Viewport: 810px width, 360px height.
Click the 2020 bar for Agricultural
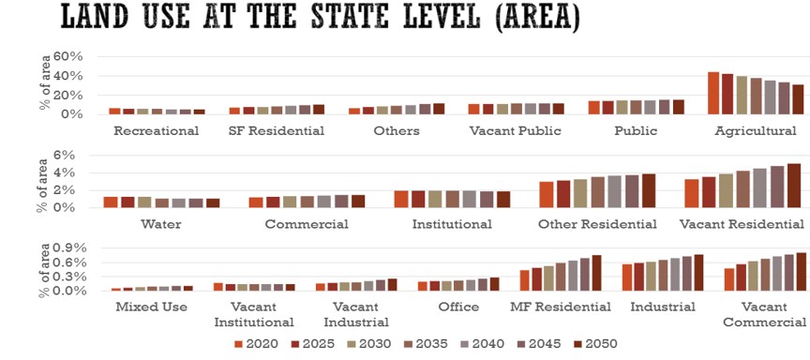point(713,93)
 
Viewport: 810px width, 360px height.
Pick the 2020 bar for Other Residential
point(546,195)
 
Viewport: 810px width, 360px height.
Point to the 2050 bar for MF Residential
point(596,273)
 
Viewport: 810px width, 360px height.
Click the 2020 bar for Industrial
point(627,277)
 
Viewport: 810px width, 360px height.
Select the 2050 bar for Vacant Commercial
point(802,272)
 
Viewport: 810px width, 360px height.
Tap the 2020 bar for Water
point(111,202)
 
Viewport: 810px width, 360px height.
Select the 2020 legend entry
point(256,344)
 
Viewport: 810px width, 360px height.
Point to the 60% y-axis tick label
point(68,57)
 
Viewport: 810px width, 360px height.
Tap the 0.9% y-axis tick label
point(69,248)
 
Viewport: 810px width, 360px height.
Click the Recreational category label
point(156,131)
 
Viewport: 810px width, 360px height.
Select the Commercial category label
point(307,225)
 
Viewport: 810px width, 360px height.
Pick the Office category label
point(458,307)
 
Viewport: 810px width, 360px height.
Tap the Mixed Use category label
point(151,307)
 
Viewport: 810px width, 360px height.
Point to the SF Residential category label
point(277,131)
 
